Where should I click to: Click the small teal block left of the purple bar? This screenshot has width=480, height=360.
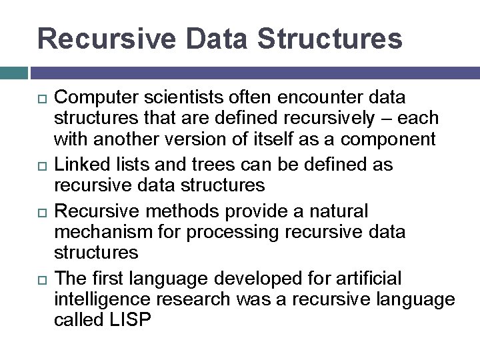click(13, 72)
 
